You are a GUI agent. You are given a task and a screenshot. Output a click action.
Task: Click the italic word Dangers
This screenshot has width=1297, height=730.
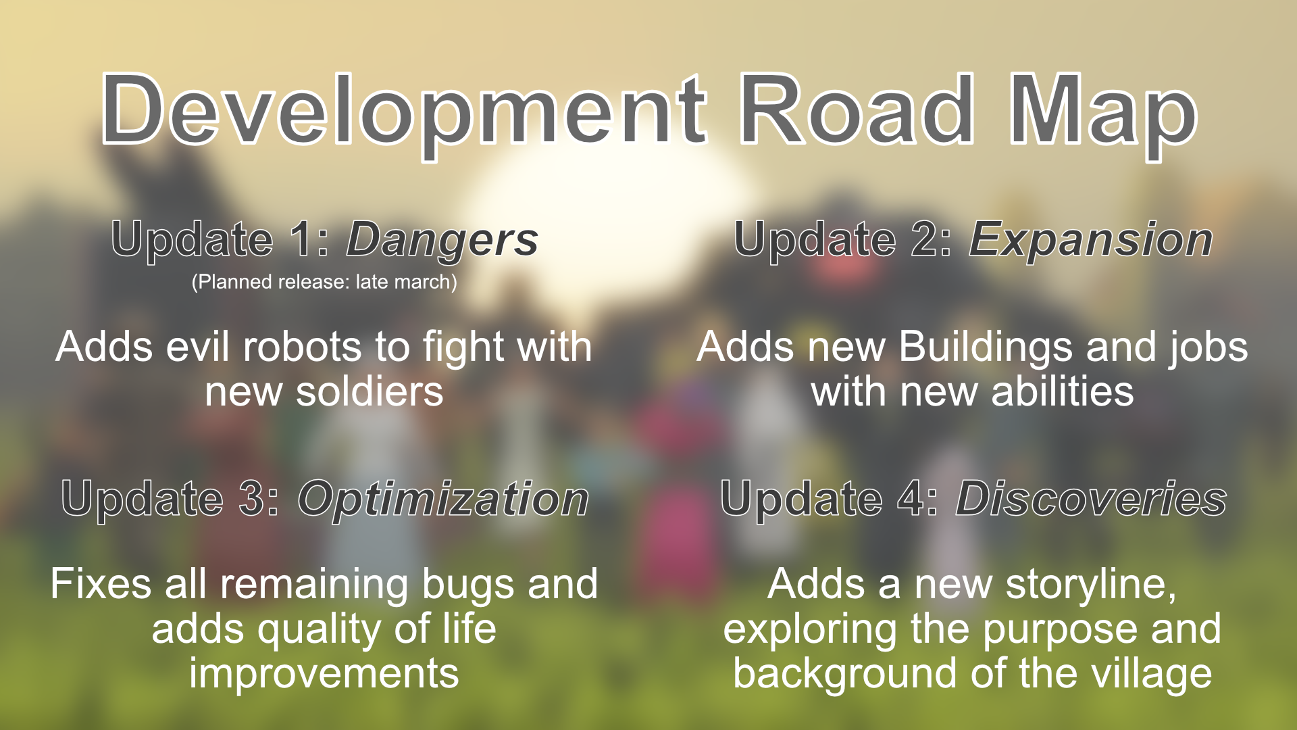[442, 241]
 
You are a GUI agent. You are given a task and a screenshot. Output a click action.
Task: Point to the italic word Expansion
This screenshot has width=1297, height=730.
[1091, 241]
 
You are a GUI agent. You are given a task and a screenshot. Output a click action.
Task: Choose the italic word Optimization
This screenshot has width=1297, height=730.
[443, 500]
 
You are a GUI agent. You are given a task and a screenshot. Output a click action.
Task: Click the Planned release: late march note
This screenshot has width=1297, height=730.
[324, 282]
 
